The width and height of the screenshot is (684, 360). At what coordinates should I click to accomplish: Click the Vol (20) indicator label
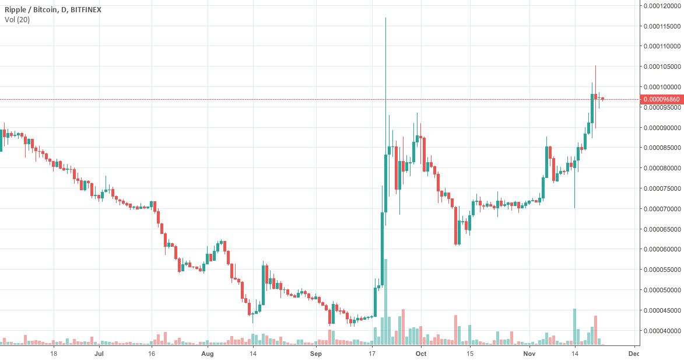tap(17, 20)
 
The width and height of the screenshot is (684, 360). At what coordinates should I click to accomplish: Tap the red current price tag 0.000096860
tap(661, 100)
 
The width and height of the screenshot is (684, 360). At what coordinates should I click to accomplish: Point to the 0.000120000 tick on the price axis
tap(661, 6)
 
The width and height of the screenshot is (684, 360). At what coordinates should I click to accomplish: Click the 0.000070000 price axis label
tap(661, 208)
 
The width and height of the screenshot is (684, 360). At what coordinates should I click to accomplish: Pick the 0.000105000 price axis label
tap(661, 67)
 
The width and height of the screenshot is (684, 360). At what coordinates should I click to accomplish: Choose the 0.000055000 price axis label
tap(661, 270)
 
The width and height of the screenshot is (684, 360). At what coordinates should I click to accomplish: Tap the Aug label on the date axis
tap(208, 354)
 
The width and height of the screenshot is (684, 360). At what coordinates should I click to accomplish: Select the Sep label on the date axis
tap(315, 354)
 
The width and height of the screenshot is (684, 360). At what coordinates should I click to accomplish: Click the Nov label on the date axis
tap(529, 354)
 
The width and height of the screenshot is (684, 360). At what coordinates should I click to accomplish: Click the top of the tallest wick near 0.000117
tap(385, 19)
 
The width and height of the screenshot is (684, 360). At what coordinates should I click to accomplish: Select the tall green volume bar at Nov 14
tap(574, 327)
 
